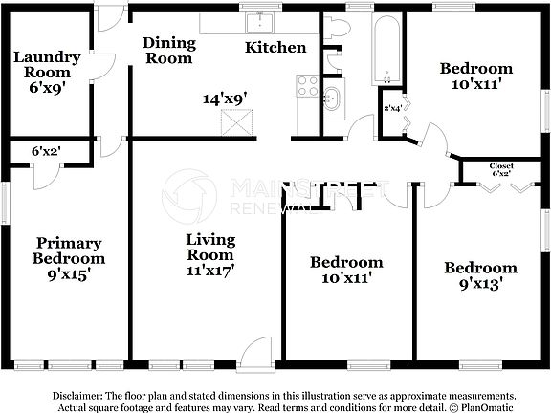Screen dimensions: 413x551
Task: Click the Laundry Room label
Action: coord(47,65)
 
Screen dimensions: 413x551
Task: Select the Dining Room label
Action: coord(169,51)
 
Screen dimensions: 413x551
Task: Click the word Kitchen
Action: coord(275,47)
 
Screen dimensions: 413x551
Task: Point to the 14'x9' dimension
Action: coord(224,98)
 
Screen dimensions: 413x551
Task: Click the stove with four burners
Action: coord(307,86)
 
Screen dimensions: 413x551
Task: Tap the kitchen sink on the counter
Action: coord(258,23)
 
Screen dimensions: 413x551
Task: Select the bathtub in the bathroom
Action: coord(386,49)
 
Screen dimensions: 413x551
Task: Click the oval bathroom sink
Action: coord(332,98)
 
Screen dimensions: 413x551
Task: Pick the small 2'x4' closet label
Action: coord(392,108)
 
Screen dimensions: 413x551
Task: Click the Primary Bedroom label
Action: coord(68,250)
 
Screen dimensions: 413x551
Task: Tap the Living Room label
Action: coord(209,247)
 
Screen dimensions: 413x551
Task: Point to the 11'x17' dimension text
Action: coord(209,270)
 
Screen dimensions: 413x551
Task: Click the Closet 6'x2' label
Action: coord(502,170)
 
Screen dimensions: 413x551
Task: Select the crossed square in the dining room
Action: coord(234,122)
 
